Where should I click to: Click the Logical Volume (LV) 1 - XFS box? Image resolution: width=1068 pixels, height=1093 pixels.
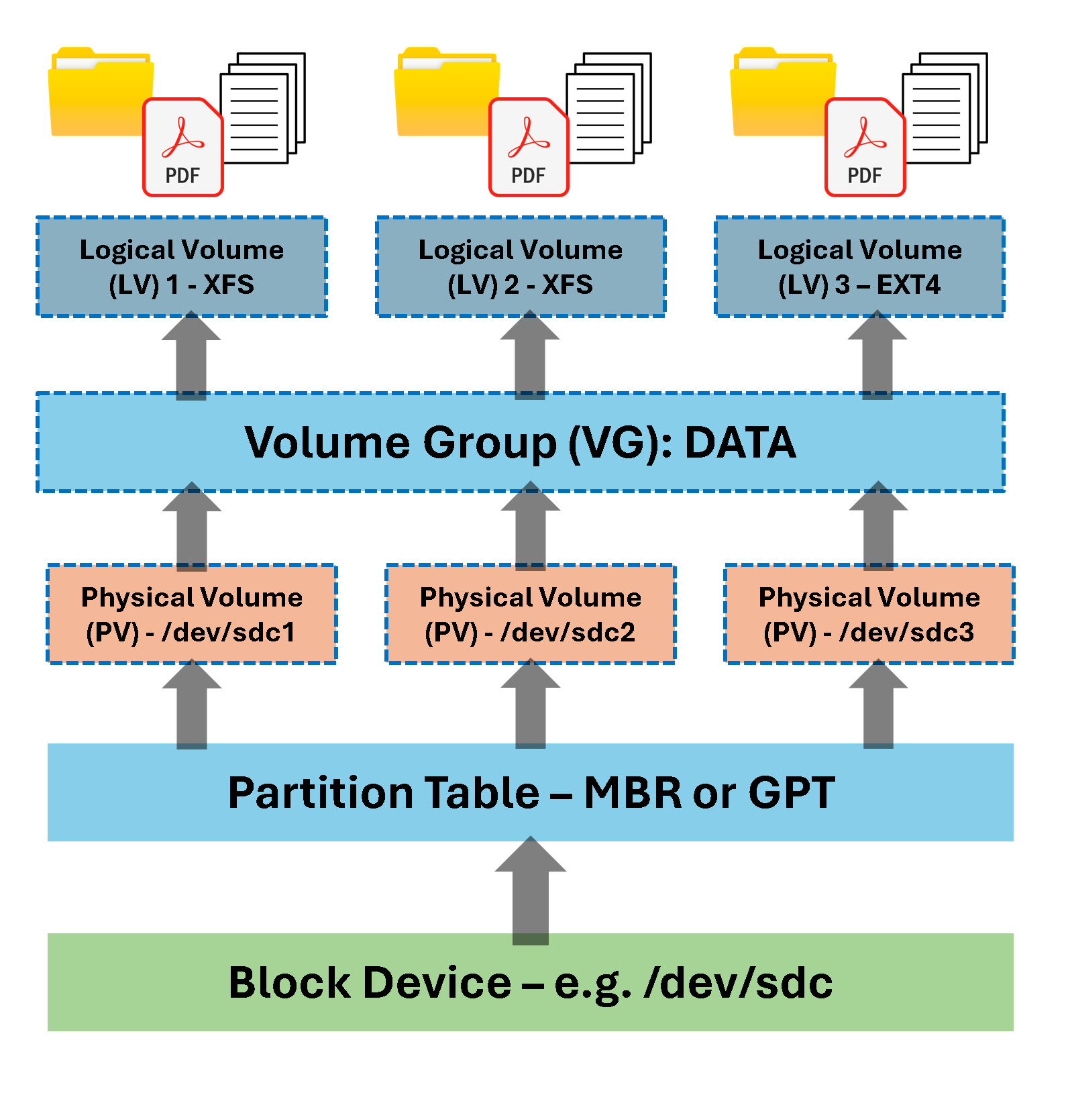pyautogui.click(x=181, y=267)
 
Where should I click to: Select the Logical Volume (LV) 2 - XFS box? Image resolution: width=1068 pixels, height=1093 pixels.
pyautogui.click(x=521, y=267)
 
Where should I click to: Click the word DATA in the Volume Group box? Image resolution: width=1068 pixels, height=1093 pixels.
pyautogui.click(x=740, y=443)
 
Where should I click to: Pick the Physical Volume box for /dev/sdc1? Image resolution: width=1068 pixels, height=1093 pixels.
pyautogui.click(x=191, y=615)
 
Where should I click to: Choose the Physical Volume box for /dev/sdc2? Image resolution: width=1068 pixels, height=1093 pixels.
pyautogui.click(x=530, y=615)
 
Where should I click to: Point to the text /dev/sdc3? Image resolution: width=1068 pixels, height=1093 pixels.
pyautogui.click(x=906, y=633)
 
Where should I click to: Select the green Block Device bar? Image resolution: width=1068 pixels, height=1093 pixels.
pyautogui.click(x=530, y=982)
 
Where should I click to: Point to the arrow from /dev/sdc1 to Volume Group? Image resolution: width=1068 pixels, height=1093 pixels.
pyautogui.click(x=192, y=527)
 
